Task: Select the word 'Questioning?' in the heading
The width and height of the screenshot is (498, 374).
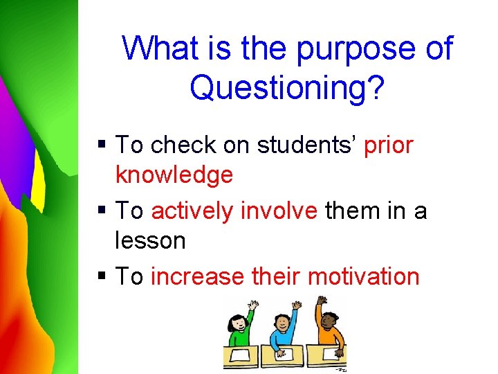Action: (x=286, y=88)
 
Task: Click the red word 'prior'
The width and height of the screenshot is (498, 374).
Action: (x=388, y=145)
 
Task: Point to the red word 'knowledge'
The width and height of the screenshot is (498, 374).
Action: (x=174, y=175)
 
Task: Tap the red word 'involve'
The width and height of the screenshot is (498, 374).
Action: (x=277, y=211)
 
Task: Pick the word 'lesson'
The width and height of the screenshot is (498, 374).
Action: (x=150, y=240)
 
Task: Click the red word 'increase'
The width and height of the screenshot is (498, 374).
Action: (x=197, y=276)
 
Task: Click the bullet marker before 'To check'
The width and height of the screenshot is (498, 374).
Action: (x=102, y=145)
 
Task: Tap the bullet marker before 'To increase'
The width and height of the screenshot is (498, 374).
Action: (x=102, y=276)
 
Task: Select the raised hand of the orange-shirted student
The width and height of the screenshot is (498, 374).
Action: (x=321, y=301)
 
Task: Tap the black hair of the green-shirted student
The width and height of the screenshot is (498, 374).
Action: (x=237, y=319)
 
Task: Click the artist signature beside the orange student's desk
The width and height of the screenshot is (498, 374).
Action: (x=340, y=370)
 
